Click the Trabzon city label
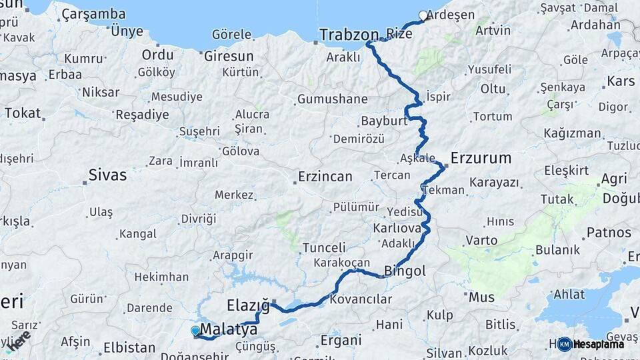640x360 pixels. [x=349, y=34]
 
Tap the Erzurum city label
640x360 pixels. [x=481, y=158]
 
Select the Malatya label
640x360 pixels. [x=229, y=329]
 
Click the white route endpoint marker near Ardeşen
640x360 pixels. [x=423, y=15]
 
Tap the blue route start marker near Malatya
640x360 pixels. [x=195, y=330]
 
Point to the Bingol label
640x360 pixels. [x=405, y=271]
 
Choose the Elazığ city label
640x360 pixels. [x=248, y=306]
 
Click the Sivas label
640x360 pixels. [x=107, y=176]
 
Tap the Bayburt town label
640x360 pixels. [x=383, y=121]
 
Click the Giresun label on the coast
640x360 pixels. [x=229, y=55]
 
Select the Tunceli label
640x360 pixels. [x=324, y=247]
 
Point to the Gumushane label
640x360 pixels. [x=332, y=99]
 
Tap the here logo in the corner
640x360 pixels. [x=18, y=340]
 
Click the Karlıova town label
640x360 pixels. [x=397, y=227]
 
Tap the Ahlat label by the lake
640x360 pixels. [x=569, y=294]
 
